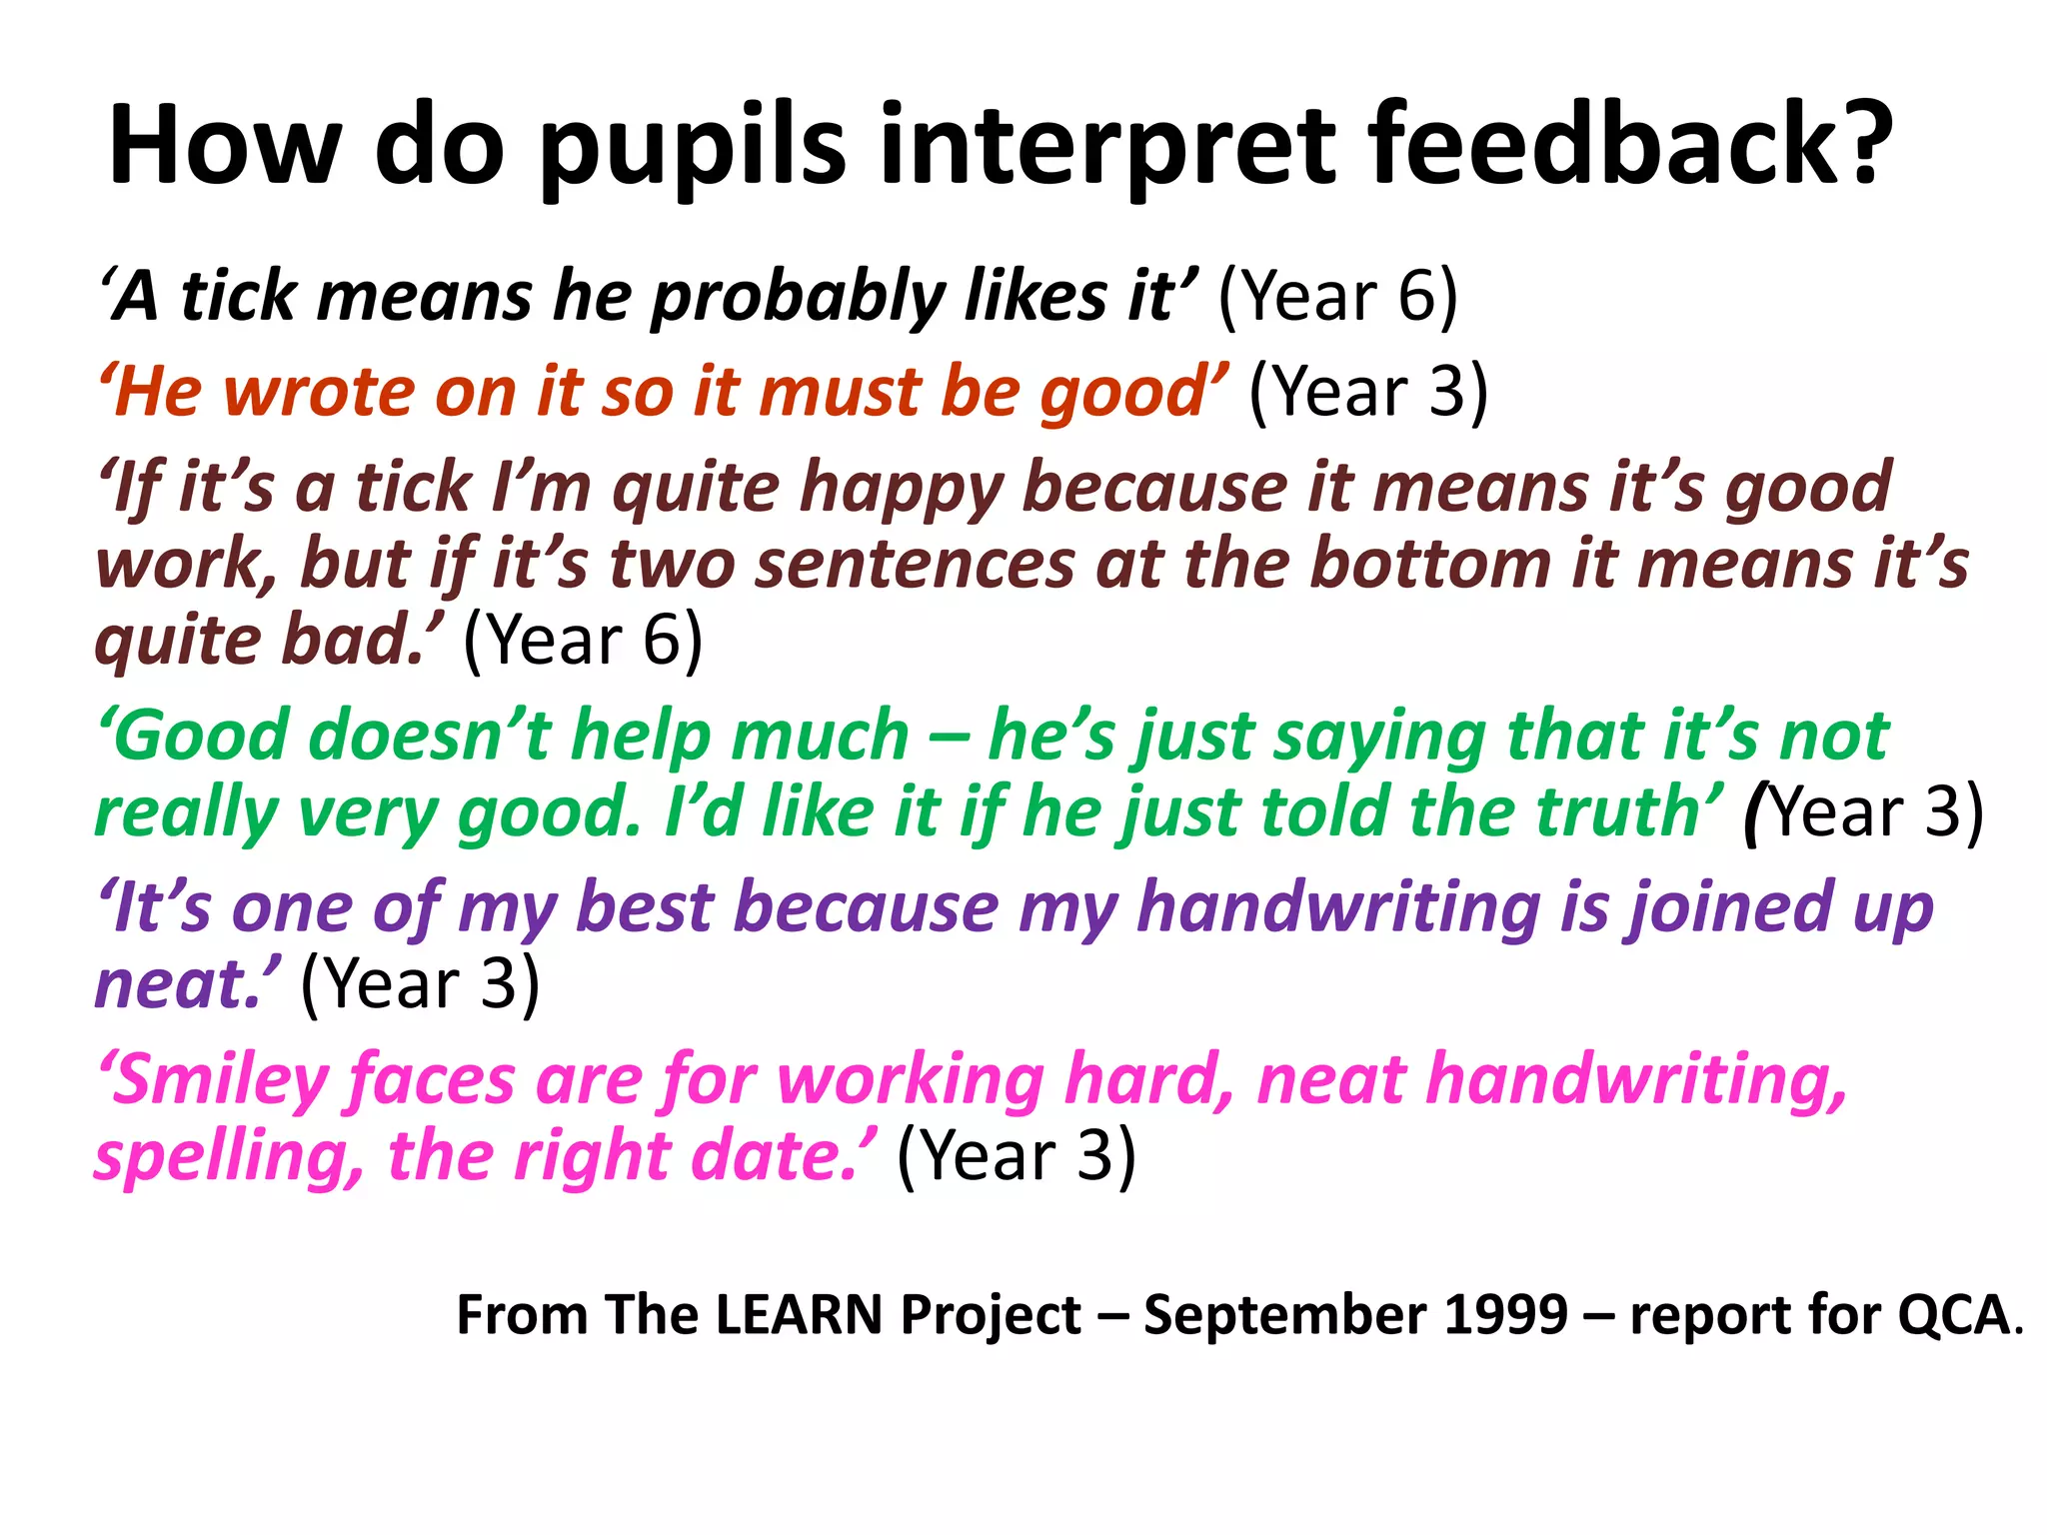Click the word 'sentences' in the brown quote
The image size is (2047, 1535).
(x=915, y=565)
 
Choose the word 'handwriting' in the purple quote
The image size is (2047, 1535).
(x=1339, y=908)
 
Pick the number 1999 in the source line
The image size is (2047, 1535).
(x=1507, y=1315)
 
